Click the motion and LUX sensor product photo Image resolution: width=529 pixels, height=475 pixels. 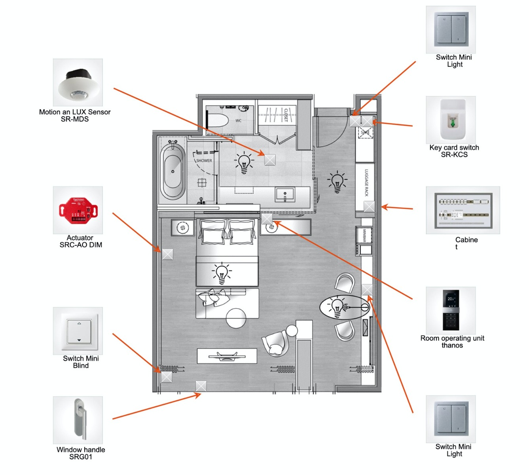pyautogui.click(x=78, y=82)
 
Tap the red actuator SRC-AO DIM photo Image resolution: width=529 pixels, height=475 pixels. pyautogui.click(x=78, y=210)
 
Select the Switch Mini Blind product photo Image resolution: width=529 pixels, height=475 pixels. pyautogui.click(x=78, y=331)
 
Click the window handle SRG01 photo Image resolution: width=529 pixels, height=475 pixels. pyautogui.click(x=78, y=420)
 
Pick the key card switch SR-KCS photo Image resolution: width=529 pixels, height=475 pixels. pyautogui.click(x=451, y=120)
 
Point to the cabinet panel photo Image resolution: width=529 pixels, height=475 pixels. pyautogui.click(x=463, y=210)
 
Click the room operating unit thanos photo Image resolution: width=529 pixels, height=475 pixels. pyautogui.click(x=451, y=310)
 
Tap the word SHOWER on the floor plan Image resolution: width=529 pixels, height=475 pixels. pyautogui.click(x=204, y=161)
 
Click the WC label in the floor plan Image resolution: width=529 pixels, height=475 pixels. pyautogui.click(x=238, y=121)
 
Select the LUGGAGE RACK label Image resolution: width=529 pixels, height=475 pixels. pyautogui.click(x=366, y=182)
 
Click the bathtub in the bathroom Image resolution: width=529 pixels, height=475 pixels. pyautogui.click(x=173, y=171)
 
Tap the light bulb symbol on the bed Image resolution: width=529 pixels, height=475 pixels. pyautogui.click(x=222, y=273)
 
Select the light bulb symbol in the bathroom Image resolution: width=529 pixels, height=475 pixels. pyautogui.click(x=244, y=163)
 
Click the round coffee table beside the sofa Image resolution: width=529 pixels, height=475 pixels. pyautogui.click(x=236, y=318)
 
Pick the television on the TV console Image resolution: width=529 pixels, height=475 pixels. pyautogui.click(x=227, y=356)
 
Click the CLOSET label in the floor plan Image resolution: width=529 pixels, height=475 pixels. pyautogui.click(x=286, y=115)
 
